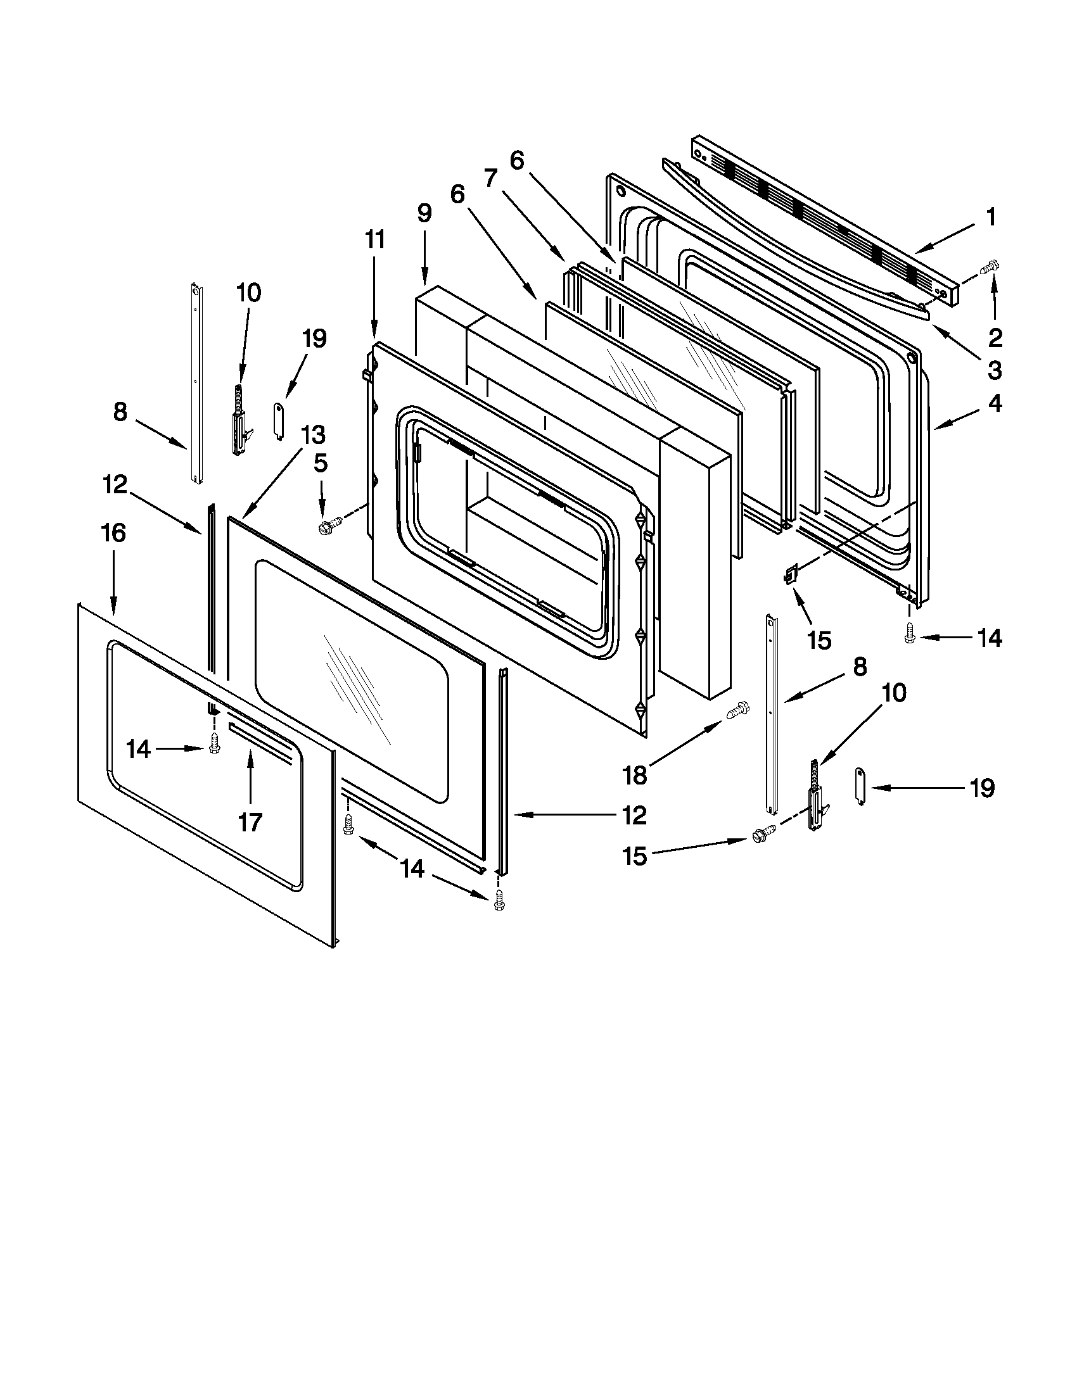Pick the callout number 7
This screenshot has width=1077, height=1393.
coord(490,178)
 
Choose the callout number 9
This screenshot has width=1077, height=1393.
coord(424,213)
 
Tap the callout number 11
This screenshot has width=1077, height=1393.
coord(375,239)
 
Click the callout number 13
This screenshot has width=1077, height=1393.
coord(313,435)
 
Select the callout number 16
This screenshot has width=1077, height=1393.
coord(113,533)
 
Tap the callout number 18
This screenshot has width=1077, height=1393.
coord(635,775)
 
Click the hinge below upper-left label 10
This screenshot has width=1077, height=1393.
coord(241,421)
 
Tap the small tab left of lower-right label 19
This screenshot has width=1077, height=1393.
coord(859,787)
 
